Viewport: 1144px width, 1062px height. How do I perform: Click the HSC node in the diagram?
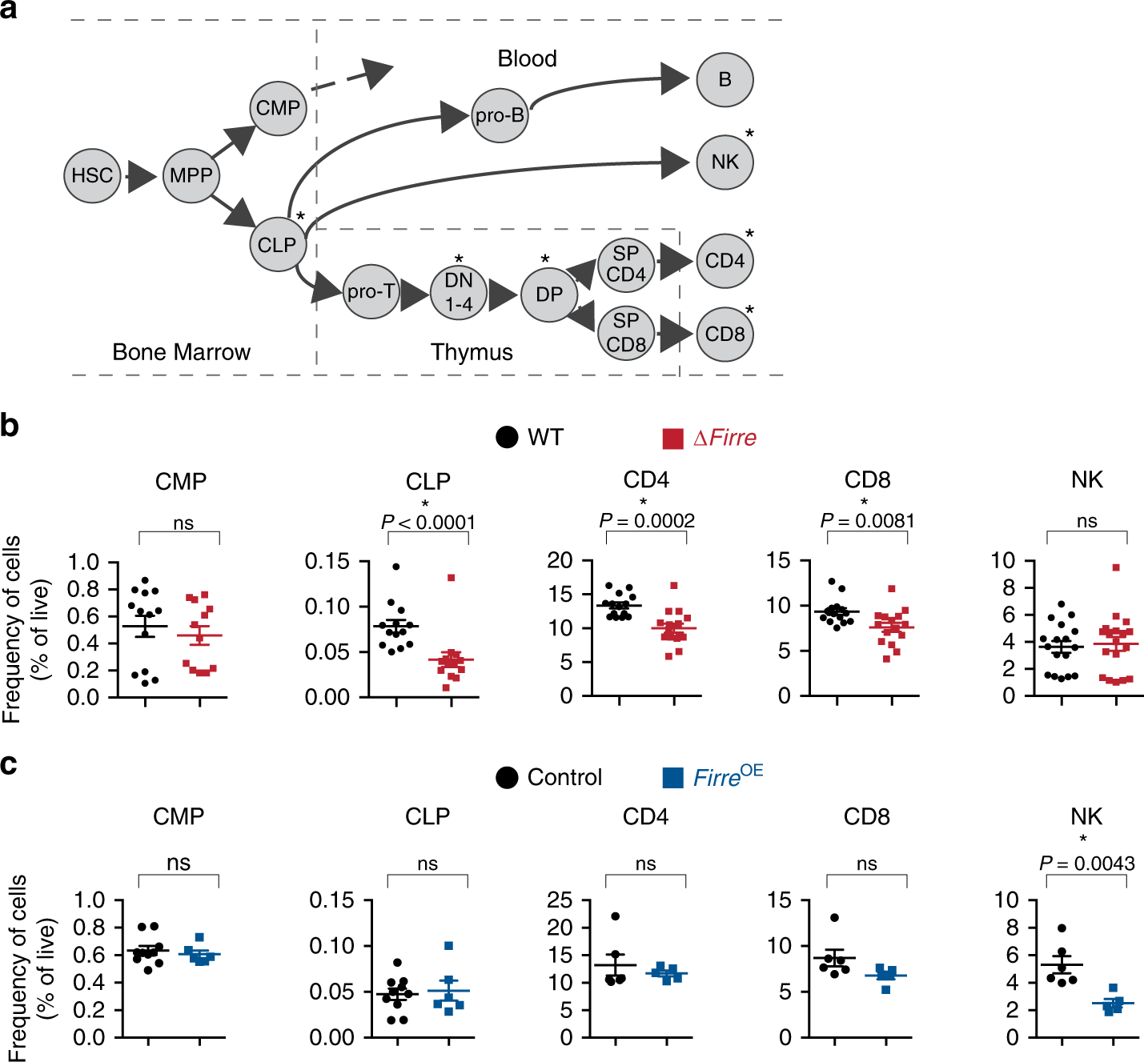[92, 175]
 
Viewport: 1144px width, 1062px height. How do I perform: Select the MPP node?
[191, 175]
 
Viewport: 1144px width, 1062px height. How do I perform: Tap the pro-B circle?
[500, 115]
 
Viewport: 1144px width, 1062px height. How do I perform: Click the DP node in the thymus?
[549, 295]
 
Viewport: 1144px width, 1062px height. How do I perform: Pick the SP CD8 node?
[626, 332]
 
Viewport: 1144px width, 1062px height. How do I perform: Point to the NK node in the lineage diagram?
[725, 162]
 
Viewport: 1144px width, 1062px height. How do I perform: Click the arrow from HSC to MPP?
[141, 176]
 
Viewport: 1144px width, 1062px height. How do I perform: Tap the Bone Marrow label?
[181, 352]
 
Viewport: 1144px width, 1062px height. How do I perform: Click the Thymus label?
[472, 352]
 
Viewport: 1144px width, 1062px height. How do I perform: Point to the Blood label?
[527, 58]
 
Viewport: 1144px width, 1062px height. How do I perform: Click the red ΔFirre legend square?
[673, 439]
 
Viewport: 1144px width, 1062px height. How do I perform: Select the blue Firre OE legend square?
[673, 778]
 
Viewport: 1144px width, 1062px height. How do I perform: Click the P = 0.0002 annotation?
[647, 521]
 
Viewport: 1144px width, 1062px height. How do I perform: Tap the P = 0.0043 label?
[1086, 864]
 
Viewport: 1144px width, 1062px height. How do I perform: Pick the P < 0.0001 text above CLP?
[428, 523]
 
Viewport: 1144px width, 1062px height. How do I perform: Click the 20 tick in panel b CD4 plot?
[560, 560]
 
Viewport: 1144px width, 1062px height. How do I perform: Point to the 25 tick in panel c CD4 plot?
[560, 900]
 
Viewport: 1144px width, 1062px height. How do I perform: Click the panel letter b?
[10, 426]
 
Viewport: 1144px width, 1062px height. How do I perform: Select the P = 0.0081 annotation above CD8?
[868, 521]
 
